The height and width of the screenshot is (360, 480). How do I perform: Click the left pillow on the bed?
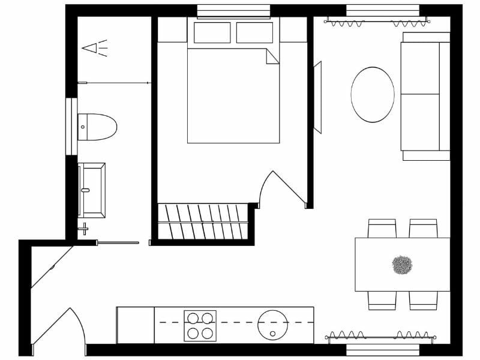[x=212, y=32]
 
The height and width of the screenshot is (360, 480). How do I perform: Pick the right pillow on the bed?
[x=254, y=32]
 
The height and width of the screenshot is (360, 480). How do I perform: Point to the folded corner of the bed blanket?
[x=272, y=56]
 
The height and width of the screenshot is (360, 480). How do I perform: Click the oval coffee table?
[x=373, y=95]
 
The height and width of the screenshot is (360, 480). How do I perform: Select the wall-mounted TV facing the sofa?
[x=317, y=97]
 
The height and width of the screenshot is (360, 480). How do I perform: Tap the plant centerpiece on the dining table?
[x=402, y=265]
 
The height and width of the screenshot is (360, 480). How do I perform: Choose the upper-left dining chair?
[x=382, y=229]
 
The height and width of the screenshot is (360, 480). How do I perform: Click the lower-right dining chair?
[x=423, y=301]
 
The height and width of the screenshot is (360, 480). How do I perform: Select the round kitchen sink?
[x=272, y=325]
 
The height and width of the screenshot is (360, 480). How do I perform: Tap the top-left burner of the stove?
[x=193, y=318]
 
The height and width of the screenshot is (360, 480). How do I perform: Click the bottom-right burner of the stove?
[x=208, y=333]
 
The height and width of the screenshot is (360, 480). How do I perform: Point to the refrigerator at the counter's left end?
[x=135, y=325]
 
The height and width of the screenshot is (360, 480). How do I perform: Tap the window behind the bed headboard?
[x=233, y=11]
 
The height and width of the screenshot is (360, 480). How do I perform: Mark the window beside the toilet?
[x=70, y=127]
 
